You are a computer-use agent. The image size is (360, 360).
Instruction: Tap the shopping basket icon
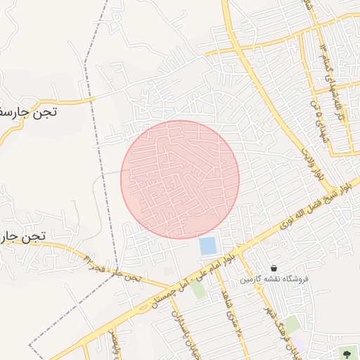click(x=274, y=268)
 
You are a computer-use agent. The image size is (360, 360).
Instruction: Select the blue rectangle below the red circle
click(x=208, y=246)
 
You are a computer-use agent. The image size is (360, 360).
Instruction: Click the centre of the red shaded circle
click(x=180, y=179)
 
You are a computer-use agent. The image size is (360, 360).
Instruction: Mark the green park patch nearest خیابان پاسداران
click(x=199, y=290)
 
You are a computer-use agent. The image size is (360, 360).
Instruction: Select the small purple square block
click(x=168, y=271)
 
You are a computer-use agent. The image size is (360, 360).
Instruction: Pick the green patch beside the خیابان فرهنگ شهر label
click(x=290, y=324)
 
